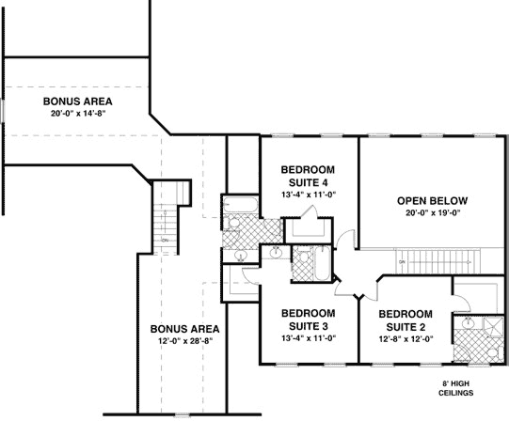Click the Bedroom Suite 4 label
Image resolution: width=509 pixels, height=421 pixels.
pyautogui.click(x=308, y=176)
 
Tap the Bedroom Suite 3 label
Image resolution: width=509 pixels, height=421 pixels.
pyautogui.click(x=308, y=319)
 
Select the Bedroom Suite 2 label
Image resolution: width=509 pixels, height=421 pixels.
pyautogui.click(x=405, y=319)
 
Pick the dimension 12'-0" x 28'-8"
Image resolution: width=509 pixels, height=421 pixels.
pyautogui.click(x=184, y=341)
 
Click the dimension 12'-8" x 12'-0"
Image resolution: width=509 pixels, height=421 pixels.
pyautogui.click(x=405, y=337)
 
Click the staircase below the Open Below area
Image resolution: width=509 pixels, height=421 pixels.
pyautogui.click(x=442, y=259)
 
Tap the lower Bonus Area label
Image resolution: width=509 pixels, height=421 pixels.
pyautogui.click(x=184, y=329)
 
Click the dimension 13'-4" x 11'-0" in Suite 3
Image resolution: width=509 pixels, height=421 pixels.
pyautogui.click(x=308, y=337)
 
